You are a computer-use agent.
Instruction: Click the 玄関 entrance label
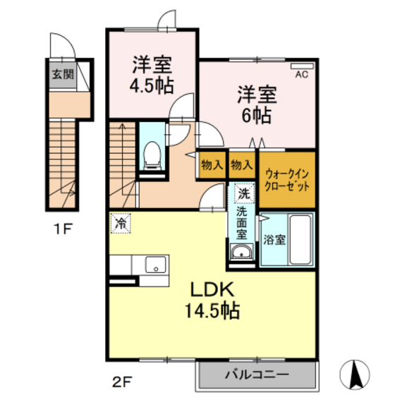(60, 74)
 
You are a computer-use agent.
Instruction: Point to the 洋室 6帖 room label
(256, 104)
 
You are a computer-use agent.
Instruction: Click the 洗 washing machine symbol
(243, 191)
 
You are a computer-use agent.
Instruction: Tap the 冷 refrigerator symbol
(121, 224)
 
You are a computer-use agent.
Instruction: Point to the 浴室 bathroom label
(274, 238)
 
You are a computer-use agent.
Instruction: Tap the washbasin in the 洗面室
(242, 253)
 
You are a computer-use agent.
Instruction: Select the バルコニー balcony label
(257, 373)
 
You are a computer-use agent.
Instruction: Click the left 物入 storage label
(212, 166)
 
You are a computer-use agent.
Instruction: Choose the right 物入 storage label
(242, 166)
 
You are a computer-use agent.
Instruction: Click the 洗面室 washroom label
(242, 222)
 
